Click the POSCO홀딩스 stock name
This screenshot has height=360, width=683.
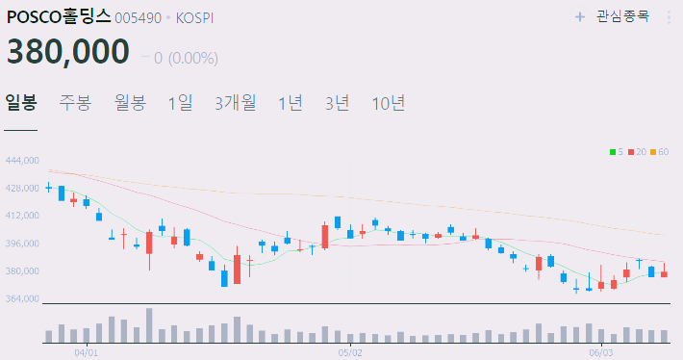(x=59, y=16)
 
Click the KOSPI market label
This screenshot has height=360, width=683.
(x=196, y=17)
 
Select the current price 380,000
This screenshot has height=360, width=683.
(x=68, y=51)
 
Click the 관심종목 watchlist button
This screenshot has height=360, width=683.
(x=613, y=16)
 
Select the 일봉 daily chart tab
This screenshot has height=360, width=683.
(x=20, y=102)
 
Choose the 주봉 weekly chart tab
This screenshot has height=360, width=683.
(x=75, y=102)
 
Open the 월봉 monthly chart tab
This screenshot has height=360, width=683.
(x=129, y=102)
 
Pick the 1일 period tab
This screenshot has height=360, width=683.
(x=180, y=102)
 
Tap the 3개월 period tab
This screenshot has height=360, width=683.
(x=236, y=102)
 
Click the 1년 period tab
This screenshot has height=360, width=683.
(x=291, y=102)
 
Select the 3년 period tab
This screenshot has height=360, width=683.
(x=338, y=102)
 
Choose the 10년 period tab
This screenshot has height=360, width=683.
(x=389, y=102)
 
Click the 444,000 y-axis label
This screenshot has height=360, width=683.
(x=21, y=161)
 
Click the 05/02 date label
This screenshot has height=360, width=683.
(x=350, y=352)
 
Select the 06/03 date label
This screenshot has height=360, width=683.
(x=600, y=352)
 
